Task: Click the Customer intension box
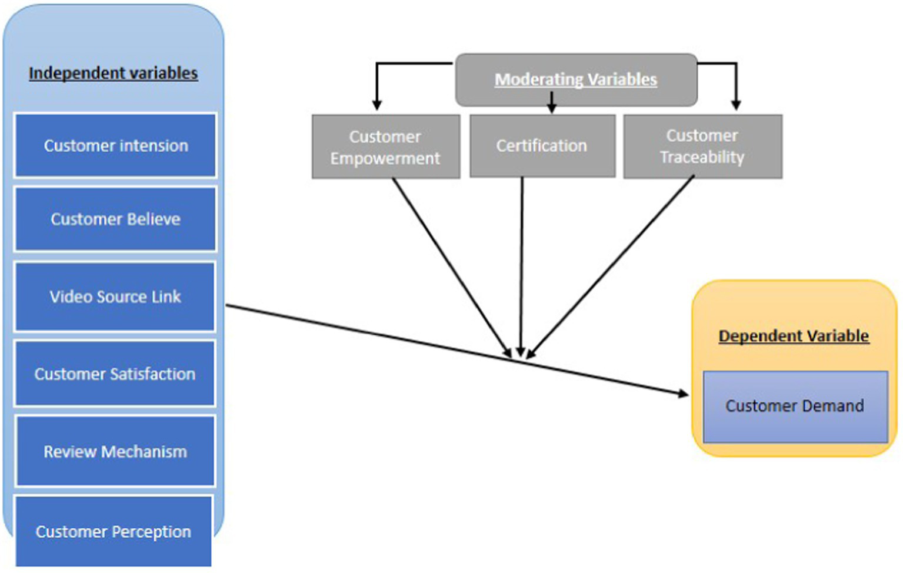115,145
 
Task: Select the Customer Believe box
115,219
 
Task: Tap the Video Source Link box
115,297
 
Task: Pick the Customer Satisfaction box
115,374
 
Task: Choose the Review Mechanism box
115,451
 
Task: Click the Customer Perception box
114,531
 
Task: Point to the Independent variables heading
113,73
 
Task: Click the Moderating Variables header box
576,79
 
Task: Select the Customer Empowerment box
385,147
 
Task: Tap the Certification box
542,146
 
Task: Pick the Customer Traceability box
702,146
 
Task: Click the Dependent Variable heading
794,336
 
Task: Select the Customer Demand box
795,406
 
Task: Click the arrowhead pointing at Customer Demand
684,394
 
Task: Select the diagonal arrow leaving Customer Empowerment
450,265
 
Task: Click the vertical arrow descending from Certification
521,265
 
